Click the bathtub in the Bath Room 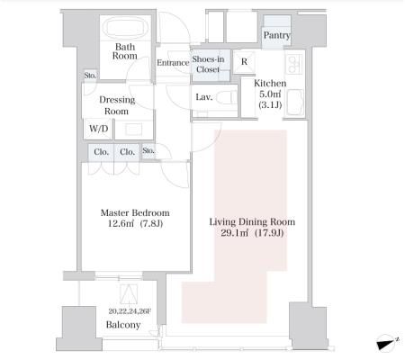coord(125,28)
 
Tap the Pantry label coord(276,35)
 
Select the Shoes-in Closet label coord(208,64)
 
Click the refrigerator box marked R coord(244,62)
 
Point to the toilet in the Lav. coord(227,97)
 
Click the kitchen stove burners coord(294,64)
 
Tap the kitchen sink coord(295,103)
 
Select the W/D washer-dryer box coord(99,129)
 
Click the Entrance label coord(173,63)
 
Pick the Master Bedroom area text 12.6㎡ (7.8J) coord(135,223)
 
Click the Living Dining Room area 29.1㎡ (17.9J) coord(252,233)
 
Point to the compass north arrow coord(387,343)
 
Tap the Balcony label coord(123,325)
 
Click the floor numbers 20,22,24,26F coord(130,311)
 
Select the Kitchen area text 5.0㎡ coord(270,94)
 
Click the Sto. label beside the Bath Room coord(90,75)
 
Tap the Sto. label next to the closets coord(148,150)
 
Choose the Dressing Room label coord(117,105)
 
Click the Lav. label coord(204,97)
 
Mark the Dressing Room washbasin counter coord(134,130)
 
